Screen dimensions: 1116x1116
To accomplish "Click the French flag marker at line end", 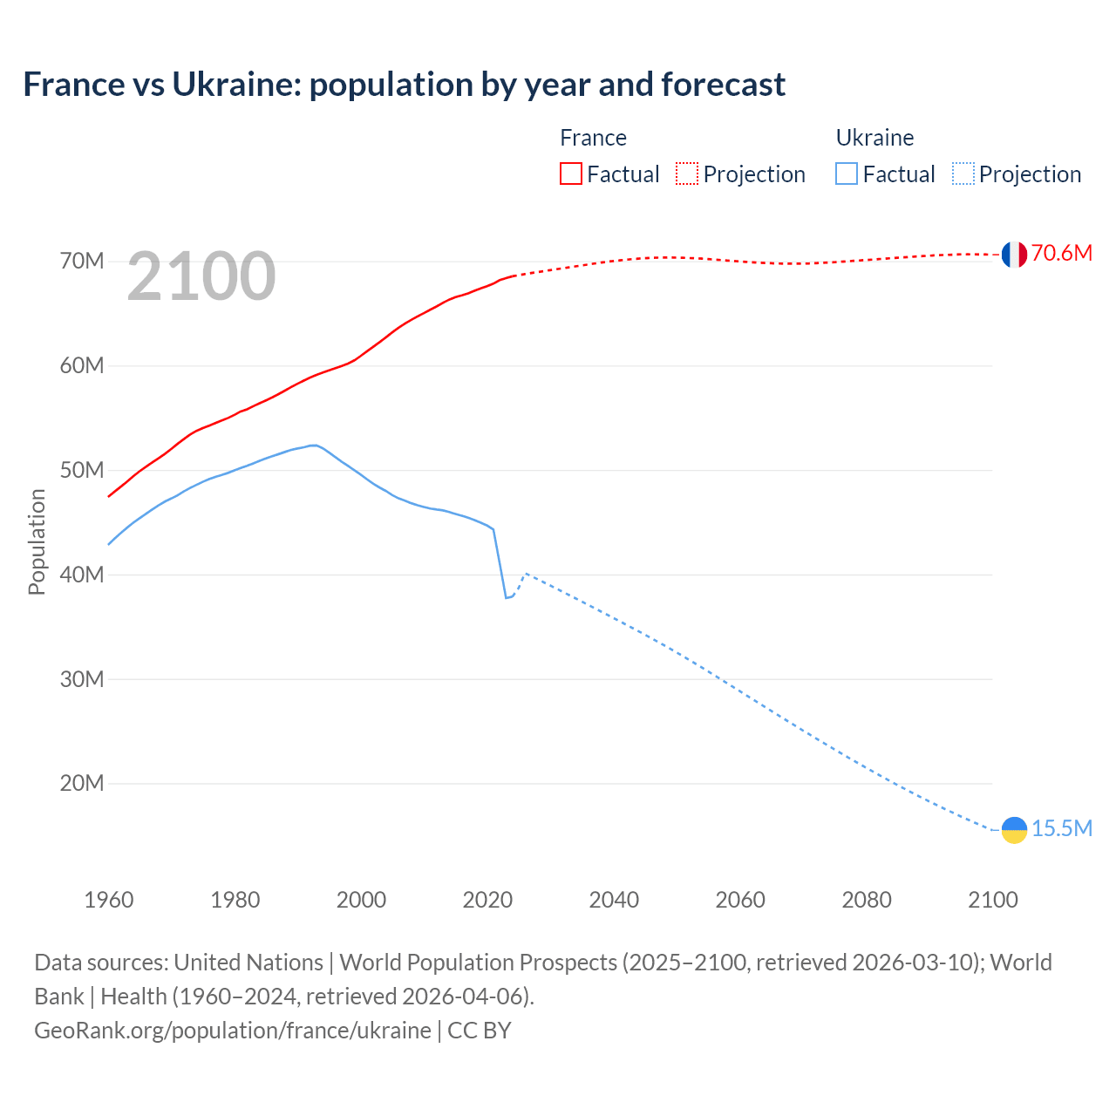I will click(1014, 255).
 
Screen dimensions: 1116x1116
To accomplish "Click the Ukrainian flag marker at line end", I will click(1014, 830).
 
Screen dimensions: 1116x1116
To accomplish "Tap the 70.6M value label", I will click(1061, 254).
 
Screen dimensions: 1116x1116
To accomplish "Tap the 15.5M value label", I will click(1061, 829).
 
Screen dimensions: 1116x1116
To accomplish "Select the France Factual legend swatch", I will click(570, 174).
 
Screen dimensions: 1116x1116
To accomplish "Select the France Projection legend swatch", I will click(686, 174).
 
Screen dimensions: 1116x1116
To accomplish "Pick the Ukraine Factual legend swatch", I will click(846, 174).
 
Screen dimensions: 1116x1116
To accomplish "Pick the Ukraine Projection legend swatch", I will click(963, 174).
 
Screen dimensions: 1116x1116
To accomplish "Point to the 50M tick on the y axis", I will click(82, 471).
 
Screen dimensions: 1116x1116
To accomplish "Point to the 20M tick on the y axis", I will click(82, 784).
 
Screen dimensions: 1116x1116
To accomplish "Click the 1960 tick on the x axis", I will click(109, 900).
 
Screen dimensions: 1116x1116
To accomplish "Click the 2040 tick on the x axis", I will click(614, 900).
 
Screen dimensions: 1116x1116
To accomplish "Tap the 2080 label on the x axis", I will click(867, 900).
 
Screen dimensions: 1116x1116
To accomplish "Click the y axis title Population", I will click(37, 541).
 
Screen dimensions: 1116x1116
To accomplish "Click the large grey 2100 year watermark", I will click(201, 277).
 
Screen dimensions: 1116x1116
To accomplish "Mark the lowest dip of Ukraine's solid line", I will click(506, 597).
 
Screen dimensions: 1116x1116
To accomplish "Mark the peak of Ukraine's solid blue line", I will click(313, 446).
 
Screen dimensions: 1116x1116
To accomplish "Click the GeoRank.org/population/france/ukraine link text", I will click(233, 1031).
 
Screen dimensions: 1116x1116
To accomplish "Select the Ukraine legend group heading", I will click(874, 138).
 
